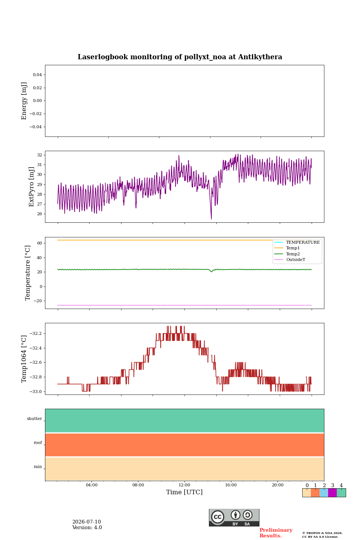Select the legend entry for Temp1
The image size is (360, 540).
[x=287, y=248]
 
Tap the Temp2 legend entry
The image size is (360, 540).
[x=287, y=254]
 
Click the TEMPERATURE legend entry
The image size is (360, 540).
[x=297, y=242]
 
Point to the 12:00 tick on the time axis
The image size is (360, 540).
[x=184, y=485]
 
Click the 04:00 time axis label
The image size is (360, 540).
[x=91, y=485]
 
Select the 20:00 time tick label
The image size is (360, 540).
[x=277, y=485]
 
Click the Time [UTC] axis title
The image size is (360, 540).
[x=184, y=492]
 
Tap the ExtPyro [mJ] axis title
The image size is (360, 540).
[x=31, y=187]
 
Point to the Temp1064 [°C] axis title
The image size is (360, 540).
[x=24, y=359]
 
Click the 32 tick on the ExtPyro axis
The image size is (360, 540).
[x=39, y=155]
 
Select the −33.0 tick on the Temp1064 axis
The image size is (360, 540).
[x=36, y=391]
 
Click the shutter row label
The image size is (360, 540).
[x=34, y=418]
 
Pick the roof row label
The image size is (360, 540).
[x=38, y=442]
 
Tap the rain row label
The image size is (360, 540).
[x=38, y=466]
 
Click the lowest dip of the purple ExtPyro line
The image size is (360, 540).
[x=211, y=219]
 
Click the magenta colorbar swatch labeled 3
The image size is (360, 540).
[x=333, y=493]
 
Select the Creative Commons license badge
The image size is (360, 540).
[x=234, y=517]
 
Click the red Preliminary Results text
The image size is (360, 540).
[x=276, y=533]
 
